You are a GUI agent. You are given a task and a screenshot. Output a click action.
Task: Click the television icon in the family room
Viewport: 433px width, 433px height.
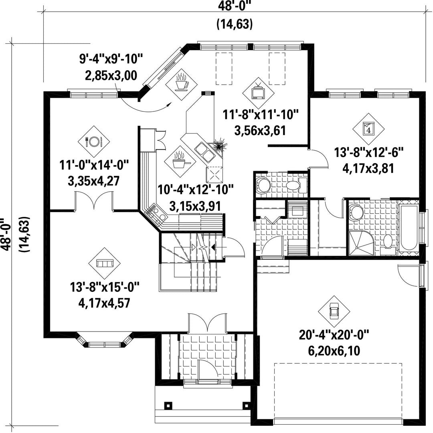pyautogui.click(x=258, y=93)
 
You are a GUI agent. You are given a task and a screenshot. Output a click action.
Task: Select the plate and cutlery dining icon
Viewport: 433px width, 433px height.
pyautogui.click(x=94, y=142)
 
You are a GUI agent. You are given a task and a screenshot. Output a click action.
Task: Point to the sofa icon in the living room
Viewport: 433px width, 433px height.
pyautogui.click(x=105, y=263)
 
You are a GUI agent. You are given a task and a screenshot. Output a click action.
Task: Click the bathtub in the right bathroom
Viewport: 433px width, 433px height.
pyautogui.click(x=409, y=227)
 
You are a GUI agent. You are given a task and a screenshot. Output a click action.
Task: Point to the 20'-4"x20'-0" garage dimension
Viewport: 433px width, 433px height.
pyautogui.click(x=334, y=335)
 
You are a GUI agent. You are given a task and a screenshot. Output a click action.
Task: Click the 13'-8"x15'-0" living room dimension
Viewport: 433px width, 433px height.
pyautogui.click(x=104, y=287)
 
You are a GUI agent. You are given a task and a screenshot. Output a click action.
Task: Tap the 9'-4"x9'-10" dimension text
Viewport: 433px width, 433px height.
pyautogui.click(x=111, y=59)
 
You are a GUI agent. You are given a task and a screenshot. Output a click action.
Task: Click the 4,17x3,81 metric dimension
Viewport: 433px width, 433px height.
pyautogui.click(x=368, y=168)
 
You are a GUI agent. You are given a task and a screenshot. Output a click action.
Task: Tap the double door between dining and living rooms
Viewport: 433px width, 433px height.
pyautogui.click(x=94, y=202)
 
